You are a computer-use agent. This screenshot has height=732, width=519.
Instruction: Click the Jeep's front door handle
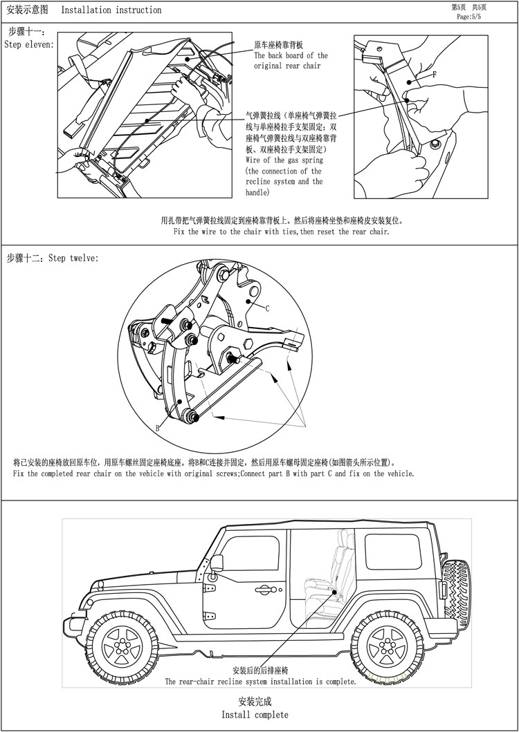click(x=263, y=590)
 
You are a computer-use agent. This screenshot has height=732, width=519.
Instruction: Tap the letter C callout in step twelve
click(x=267, y=309)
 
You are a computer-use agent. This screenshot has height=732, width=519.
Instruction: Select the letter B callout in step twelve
click(x=157, y=429)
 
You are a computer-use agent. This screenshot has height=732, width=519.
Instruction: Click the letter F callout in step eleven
click(x=434, y=74)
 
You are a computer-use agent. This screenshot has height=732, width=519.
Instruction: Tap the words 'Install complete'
click(x=255, y=714)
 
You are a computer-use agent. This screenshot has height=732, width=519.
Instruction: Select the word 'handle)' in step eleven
click(x=258, y=193)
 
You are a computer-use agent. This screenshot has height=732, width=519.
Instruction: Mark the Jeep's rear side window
click(x=392, y=552)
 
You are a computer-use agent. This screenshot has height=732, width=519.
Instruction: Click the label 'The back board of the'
click(x=291, y=55)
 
